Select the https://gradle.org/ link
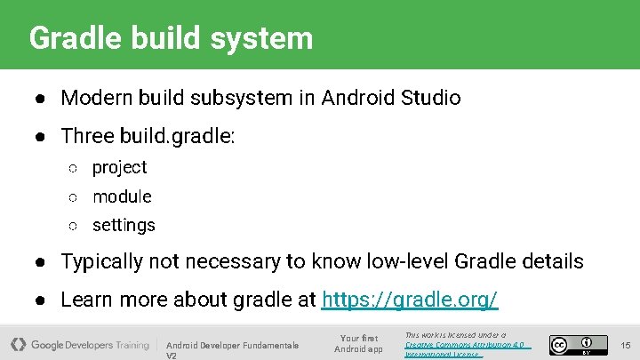pyautogui.click(x=410, y=300)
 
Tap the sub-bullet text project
pyautogui.click(x=119, y=167)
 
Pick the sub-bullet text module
pyautogui.click(x=122, y=196)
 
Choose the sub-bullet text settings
pyautogui.click(x=124, y=226)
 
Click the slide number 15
pyautogui.click(x=625, y=345)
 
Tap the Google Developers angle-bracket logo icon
pyautogui.click(x=18, y=344)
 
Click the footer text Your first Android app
pyautogui.click(x=358, y=344)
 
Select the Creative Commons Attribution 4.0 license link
pyautogui.click(x=465, y=344)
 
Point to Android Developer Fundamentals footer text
pyautogui.click(x=232, y=345)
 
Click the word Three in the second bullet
pyautogui.click(x=86, y=136)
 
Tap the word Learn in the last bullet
pyautogui.click(x=86, y=300)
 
